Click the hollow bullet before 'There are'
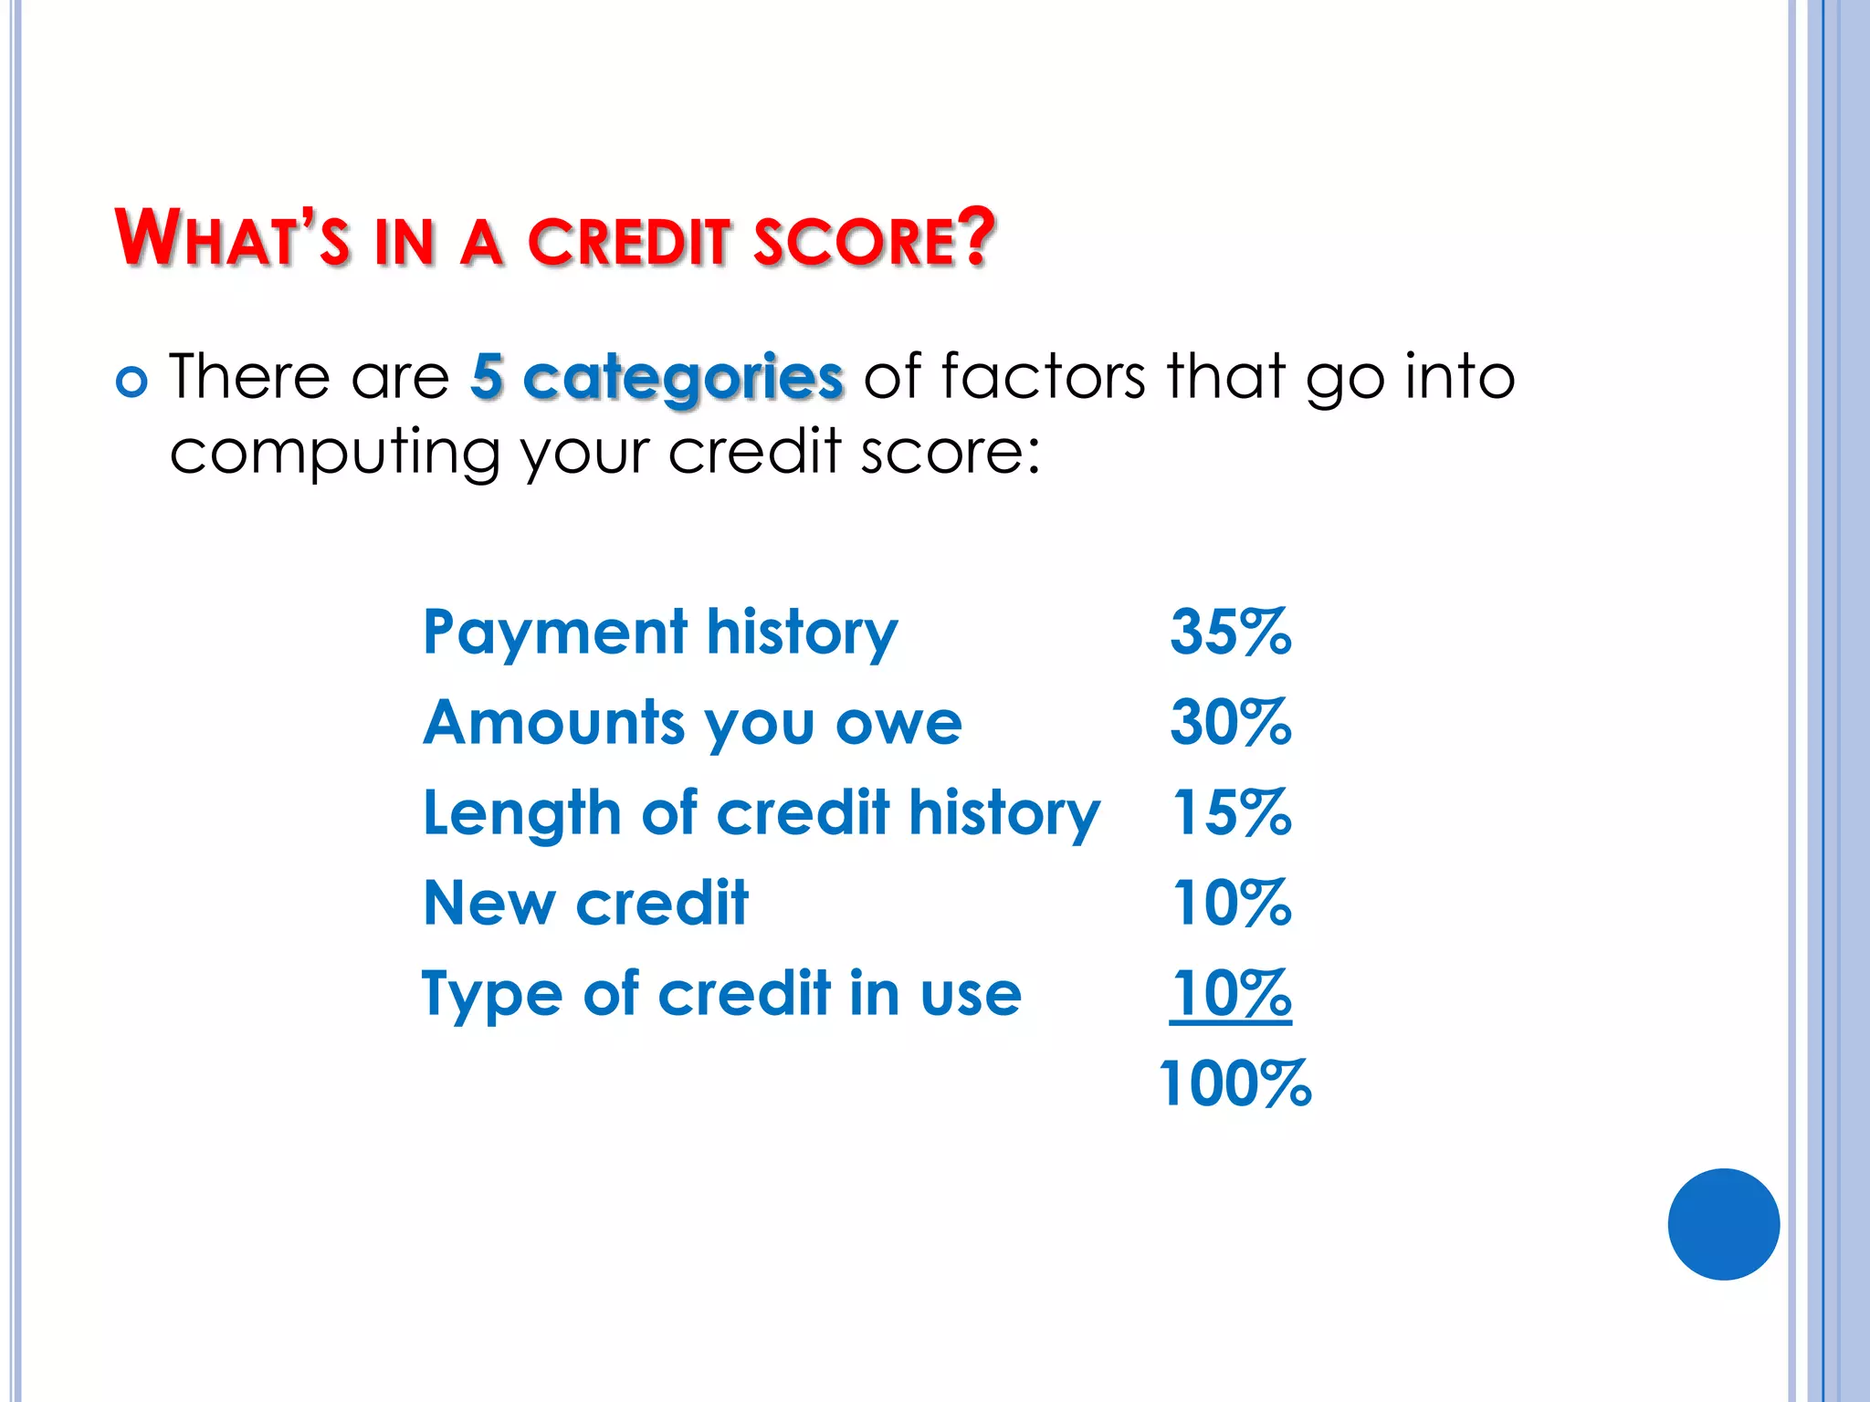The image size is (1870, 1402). tap(131, 382)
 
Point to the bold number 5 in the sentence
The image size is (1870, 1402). tap(488, 376)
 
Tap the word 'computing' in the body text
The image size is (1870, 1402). tap(334, 454)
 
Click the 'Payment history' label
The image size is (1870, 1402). tap(660, 633)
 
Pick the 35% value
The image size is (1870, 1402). tap(1230, 632)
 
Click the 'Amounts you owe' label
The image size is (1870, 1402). tap(692, 724)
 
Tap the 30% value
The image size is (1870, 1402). tap(1230, 722)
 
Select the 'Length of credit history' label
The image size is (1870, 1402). tap(762, 814)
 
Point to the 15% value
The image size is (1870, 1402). tap(1231, 812)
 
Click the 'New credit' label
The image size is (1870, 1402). tap(585, 904)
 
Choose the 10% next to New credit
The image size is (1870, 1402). tap(1231, 903)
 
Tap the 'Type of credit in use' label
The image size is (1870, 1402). tap(721, 994)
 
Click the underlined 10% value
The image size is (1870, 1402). tap(1231, 993)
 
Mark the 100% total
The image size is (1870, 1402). tap(1234, 1083)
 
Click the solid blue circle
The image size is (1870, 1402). tap(1723, 1224)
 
